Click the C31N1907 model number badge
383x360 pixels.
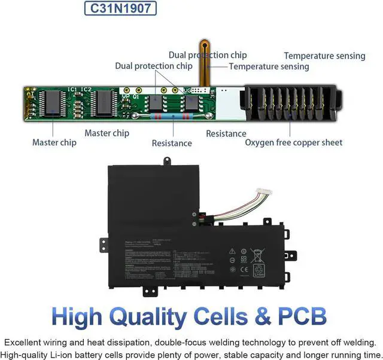pos(120,8)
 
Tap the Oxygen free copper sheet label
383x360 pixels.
pos(294,142)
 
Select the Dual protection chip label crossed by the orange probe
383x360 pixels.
pos(208,55)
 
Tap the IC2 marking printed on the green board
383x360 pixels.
pos(87,90)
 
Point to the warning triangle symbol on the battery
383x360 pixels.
pos(232,251)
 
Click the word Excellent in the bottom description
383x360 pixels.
pos(26,343)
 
